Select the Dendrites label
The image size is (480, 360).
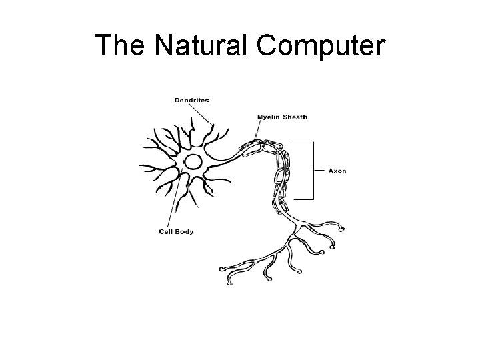(191, 101)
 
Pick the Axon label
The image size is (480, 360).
(337, 171)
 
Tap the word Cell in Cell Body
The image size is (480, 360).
(166, 231)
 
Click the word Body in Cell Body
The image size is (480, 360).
(184, 231)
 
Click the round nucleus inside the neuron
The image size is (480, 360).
(193, 162)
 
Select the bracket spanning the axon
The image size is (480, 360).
(312, 170)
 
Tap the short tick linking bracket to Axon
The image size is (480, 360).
(319, 171)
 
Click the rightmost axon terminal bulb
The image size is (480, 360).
(343, 229)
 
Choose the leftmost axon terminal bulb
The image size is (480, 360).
(223, 270)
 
